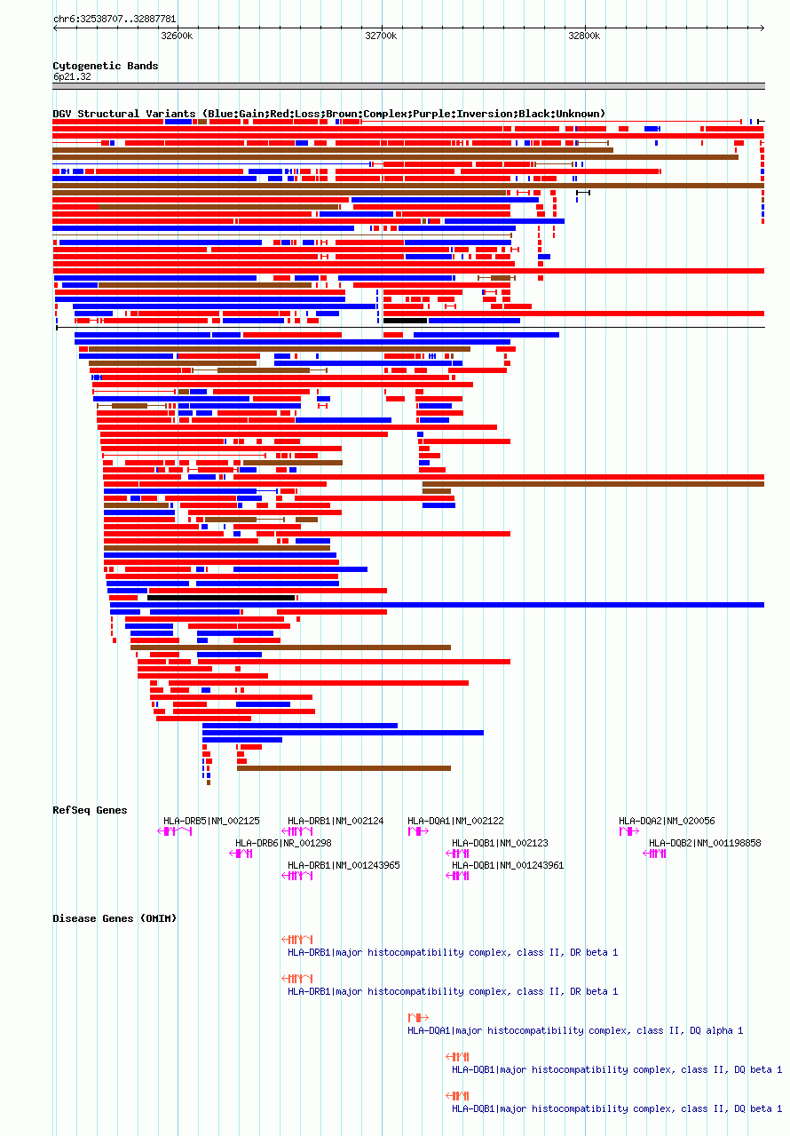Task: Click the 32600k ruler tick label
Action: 177,36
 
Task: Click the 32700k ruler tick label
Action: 381,36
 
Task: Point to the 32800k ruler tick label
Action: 584,36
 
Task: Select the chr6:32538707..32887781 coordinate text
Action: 115,19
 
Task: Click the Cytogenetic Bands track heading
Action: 106,66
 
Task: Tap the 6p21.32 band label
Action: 72,76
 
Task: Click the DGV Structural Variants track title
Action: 328,114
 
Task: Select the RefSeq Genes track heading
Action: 90,810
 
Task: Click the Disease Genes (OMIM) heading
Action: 115,918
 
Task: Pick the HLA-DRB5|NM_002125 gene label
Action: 211,821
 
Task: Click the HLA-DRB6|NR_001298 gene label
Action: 283,843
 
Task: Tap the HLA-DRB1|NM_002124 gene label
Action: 336,821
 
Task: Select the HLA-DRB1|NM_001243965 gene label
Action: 344,865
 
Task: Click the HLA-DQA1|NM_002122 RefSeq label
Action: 455,821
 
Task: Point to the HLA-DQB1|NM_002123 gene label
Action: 500,843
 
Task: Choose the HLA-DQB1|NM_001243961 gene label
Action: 508,865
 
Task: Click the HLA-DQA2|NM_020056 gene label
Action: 667,821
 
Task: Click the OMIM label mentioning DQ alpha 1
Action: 575,1030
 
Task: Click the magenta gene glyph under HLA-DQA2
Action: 628,831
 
